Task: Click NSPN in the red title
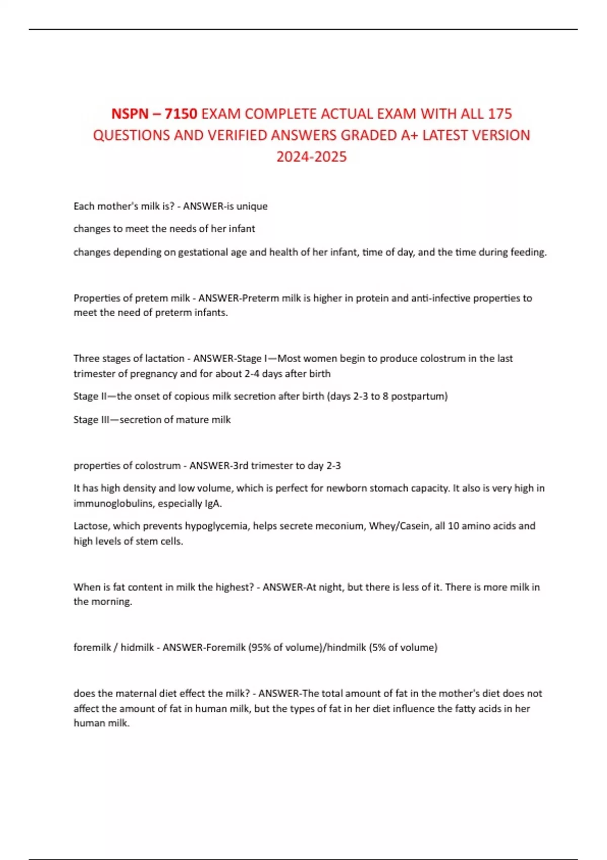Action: (129, 114)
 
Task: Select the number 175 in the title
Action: (500, 114)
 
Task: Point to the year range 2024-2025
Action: (312, 157)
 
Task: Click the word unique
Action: (252, 206)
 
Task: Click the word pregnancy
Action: (153, 374)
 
